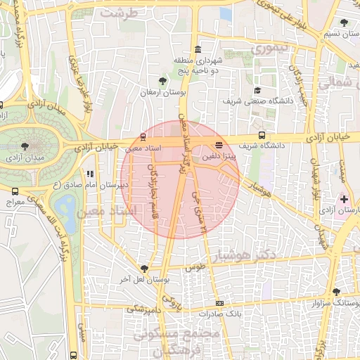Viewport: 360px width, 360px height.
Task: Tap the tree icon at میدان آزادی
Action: tap(26, 146)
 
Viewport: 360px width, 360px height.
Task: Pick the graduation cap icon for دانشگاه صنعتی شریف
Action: tap(257, 90)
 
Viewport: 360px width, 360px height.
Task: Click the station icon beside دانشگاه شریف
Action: tap(262, 136)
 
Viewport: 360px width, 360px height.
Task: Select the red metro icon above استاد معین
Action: tap(143, 136)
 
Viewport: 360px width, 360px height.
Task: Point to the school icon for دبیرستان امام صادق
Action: tap(89, 174)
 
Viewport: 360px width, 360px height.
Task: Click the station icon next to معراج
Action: tap(15, 191)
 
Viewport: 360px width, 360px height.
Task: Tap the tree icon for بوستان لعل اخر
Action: tap(144, 268)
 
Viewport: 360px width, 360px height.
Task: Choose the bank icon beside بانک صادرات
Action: tap(220, 303)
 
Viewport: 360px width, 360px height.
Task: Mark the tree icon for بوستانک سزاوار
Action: tap(337, 292)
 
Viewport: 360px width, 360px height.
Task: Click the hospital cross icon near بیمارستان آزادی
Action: tap(344, 200)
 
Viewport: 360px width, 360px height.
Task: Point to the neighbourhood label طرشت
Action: tap(117, 13)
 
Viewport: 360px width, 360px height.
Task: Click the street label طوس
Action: tap(194, 267)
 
